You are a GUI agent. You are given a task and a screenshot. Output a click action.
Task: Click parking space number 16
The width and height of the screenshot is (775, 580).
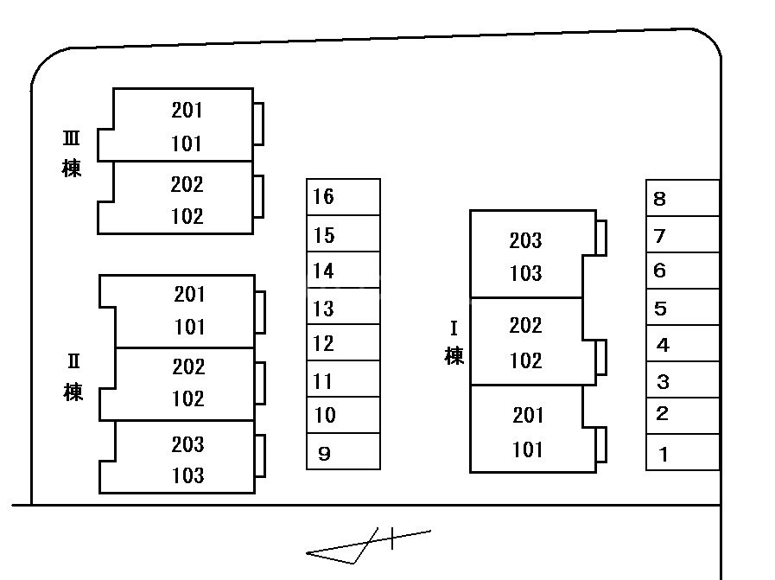click(343, 197)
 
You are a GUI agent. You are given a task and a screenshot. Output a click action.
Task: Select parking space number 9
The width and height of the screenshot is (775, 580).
click(343, 452)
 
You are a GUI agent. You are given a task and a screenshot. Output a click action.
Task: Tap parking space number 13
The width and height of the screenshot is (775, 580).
click(343, 308)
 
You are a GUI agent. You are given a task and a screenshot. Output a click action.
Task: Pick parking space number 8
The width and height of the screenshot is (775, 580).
click(683, 199)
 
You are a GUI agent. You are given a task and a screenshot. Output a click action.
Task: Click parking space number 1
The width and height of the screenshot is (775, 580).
click(683, 453)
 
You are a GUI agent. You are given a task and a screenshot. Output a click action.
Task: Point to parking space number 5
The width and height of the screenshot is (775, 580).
click(683, 308)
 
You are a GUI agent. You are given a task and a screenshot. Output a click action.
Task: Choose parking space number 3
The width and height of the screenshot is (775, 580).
click(683, 380)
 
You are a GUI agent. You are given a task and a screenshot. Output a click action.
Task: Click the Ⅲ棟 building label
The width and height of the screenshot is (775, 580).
click(72, 154)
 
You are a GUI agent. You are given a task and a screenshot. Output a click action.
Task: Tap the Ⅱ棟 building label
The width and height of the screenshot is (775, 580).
click(73, 379)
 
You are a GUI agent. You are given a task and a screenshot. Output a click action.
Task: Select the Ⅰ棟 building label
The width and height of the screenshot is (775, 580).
click(454, 343)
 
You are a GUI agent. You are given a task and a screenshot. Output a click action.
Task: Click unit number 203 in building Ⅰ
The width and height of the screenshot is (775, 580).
click(525, 240)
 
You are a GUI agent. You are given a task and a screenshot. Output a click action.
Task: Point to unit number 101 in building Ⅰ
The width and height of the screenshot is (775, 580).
click(527, 449)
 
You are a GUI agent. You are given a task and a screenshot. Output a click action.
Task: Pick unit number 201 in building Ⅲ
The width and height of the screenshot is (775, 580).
click(187, 110)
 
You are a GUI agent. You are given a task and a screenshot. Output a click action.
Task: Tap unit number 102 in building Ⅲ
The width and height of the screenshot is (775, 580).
click(187, 216)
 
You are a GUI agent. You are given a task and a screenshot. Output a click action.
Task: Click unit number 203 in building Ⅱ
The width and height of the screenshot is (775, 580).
click(187, 444)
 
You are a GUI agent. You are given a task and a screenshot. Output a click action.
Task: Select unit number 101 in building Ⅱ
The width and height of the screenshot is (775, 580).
click(189, 327)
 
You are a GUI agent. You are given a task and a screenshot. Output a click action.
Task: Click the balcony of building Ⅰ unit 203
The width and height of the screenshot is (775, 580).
click(601, 237)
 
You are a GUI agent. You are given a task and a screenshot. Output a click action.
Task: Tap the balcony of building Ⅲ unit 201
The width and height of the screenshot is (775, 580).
click(258, 124)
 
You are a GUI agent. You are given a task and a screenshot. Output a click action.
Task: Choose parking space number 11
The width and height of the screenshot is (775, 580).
click(343, 380)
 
